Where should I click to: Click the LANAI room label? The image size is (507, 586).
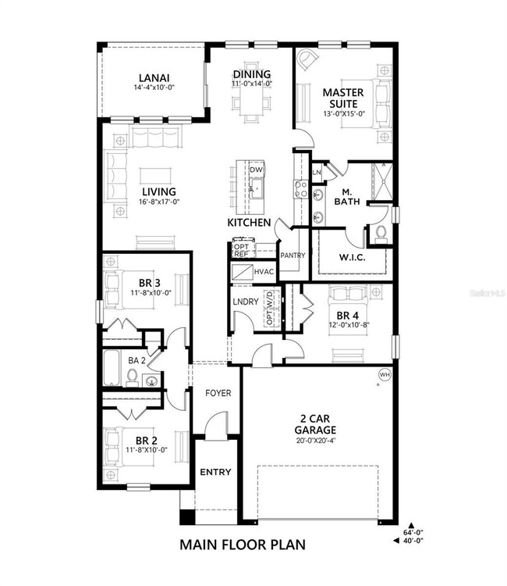pos(154,77)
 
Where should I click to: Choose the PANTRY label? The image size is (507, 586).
pos(292,255)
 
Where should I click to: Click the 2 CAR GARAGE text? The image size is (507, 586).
pos(316,424)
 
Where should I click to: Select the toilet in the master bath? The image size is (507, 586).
pos(381,232)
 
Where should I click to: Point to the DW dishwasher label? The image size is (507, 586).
pos(257,170)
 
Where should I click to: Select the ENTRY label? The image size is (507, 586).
pos(214,473)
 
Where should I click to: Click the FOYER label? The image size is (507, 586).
pos(218,393)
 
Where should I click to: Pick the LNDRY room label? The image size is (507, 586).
pos(245,301)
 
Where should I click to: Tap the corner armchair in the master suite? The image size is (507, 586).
pos(309,63)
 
